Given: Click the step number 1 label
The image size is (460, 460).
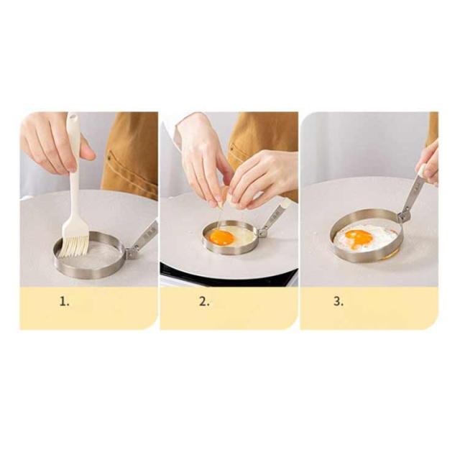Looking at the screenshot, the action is click(x=65, y=301).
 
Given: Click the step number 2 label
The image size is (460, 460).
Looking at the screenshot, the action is click(x=204, y=301).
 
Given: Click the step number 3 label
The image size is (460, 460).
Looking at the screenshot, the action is click(x=339, y=301).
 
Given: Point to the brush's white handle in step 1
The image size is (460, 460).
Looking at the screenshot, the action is click(x=74, y=165).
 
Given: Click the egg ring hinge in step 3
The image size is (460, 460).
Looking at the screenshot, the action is click(x=403, y=216).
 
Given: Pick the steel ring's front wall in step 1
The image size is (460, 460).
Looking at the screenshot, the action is click(x=88, y=267).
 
